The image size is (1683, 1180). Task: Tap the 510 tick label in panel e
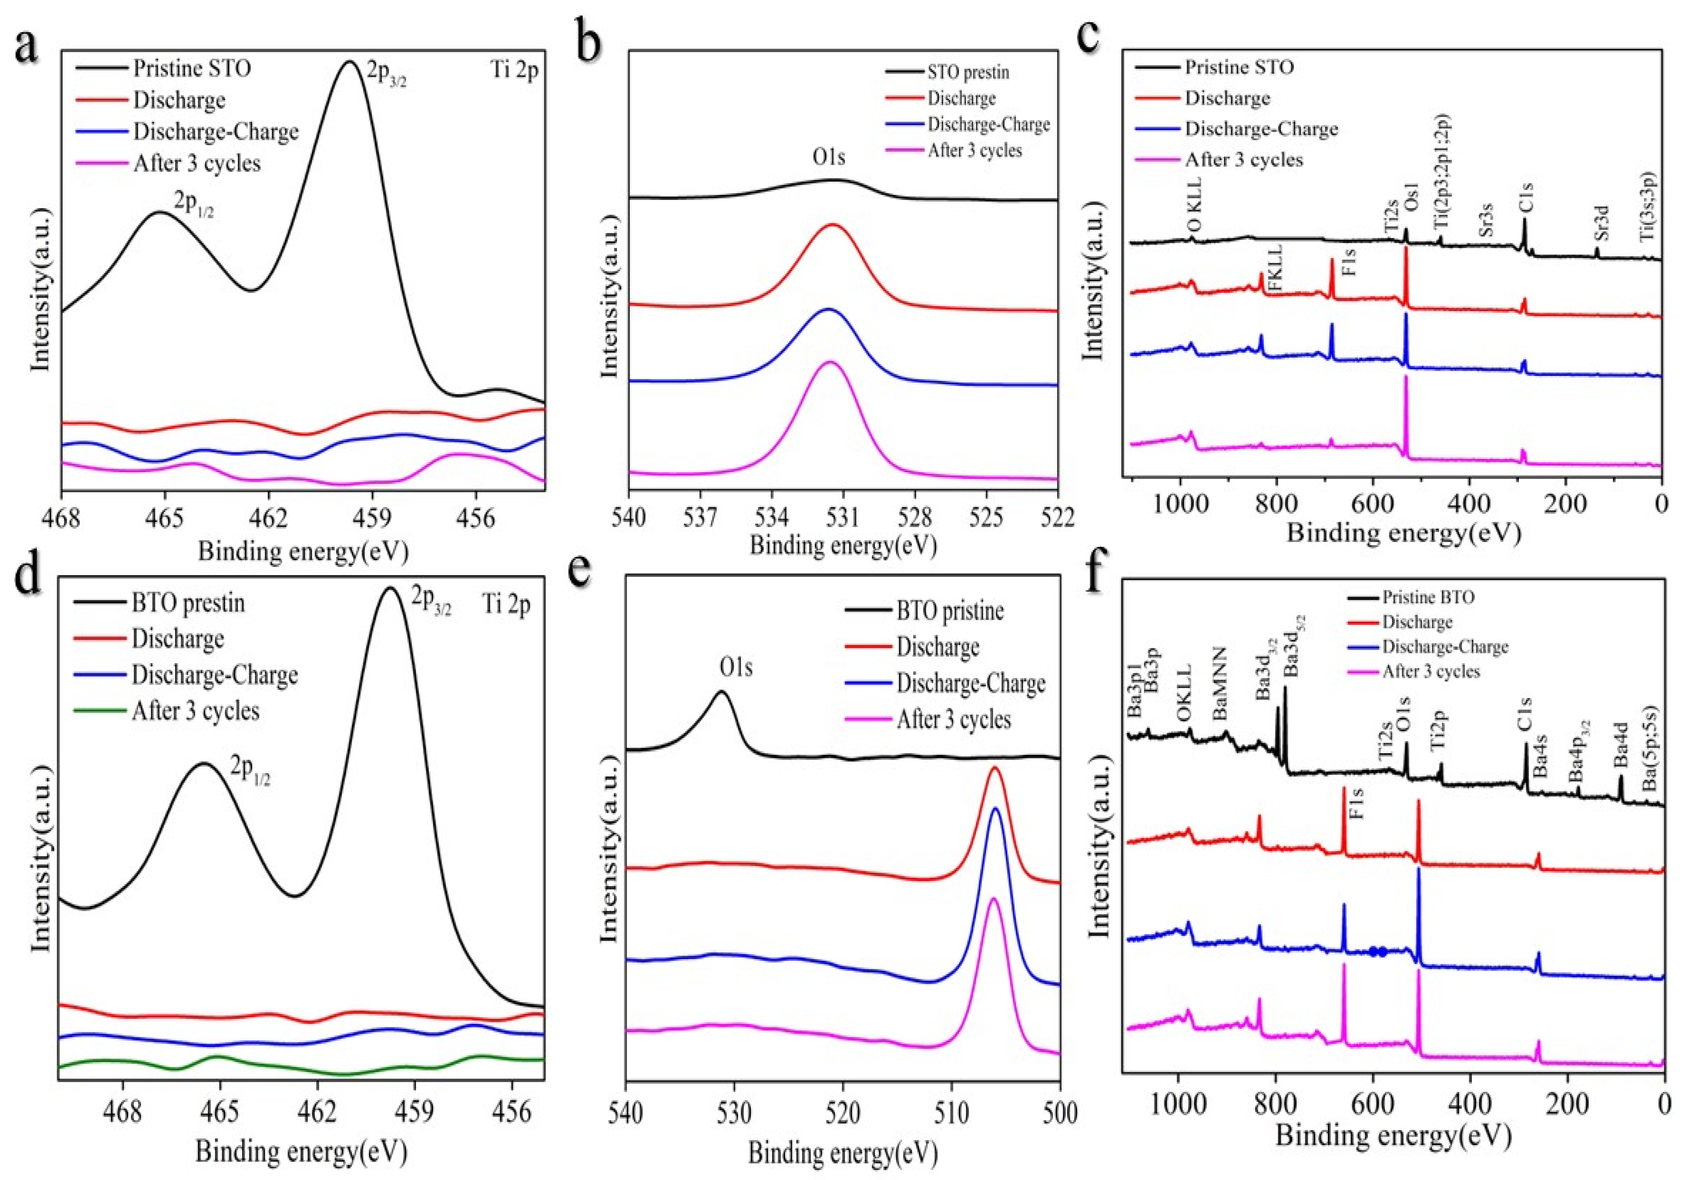[951, 1113]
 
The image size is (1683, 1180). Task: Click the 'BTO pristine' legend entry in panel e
[950, 611]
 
